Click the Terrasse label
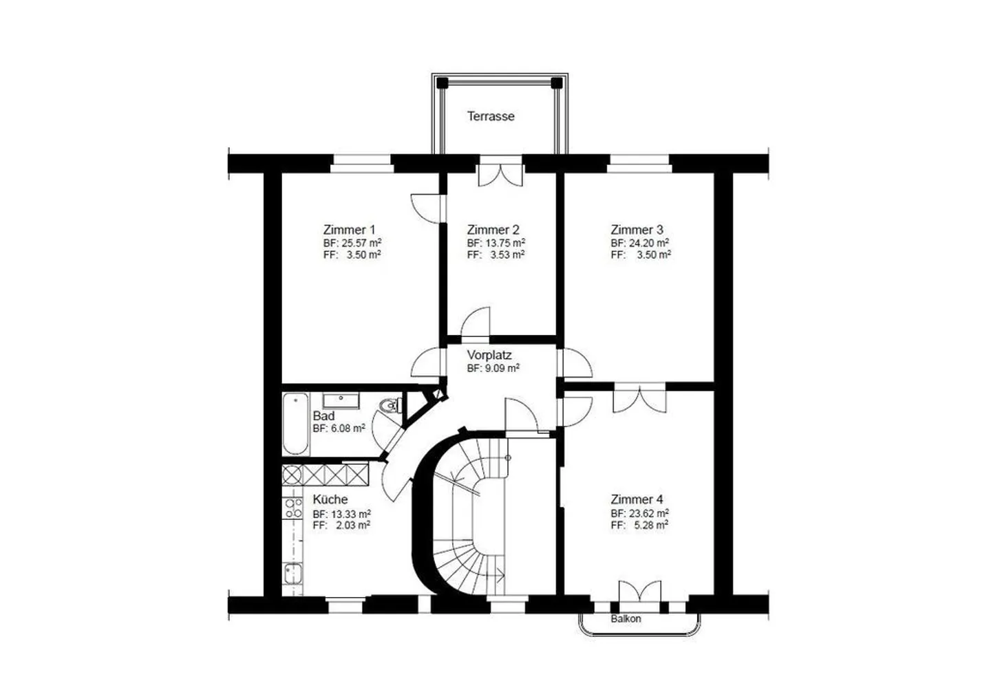click(x=491, y=116)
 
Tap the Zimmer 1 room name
click(x=349, y=230)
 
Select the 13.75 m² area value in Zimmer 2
click(x=505, y=243)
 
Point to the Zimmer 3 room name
click(x=637, y=230)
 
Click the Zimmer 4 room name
click(x=637, y=499)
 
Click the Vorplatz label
click(x=489, y=355)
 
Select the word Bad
click(x=323, y=416)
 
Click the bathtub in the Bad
click(x=295, y=424)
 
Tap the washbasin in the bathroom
click(x=341, y=400)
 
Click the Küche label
click(x=330, y=499)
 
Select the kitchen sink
click(x=292, y=574)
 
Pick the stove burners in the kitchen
click(x=292, y=508)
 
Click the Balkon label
click(x=626, y=619)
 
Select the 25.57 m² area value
click(x=361, y=243)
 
